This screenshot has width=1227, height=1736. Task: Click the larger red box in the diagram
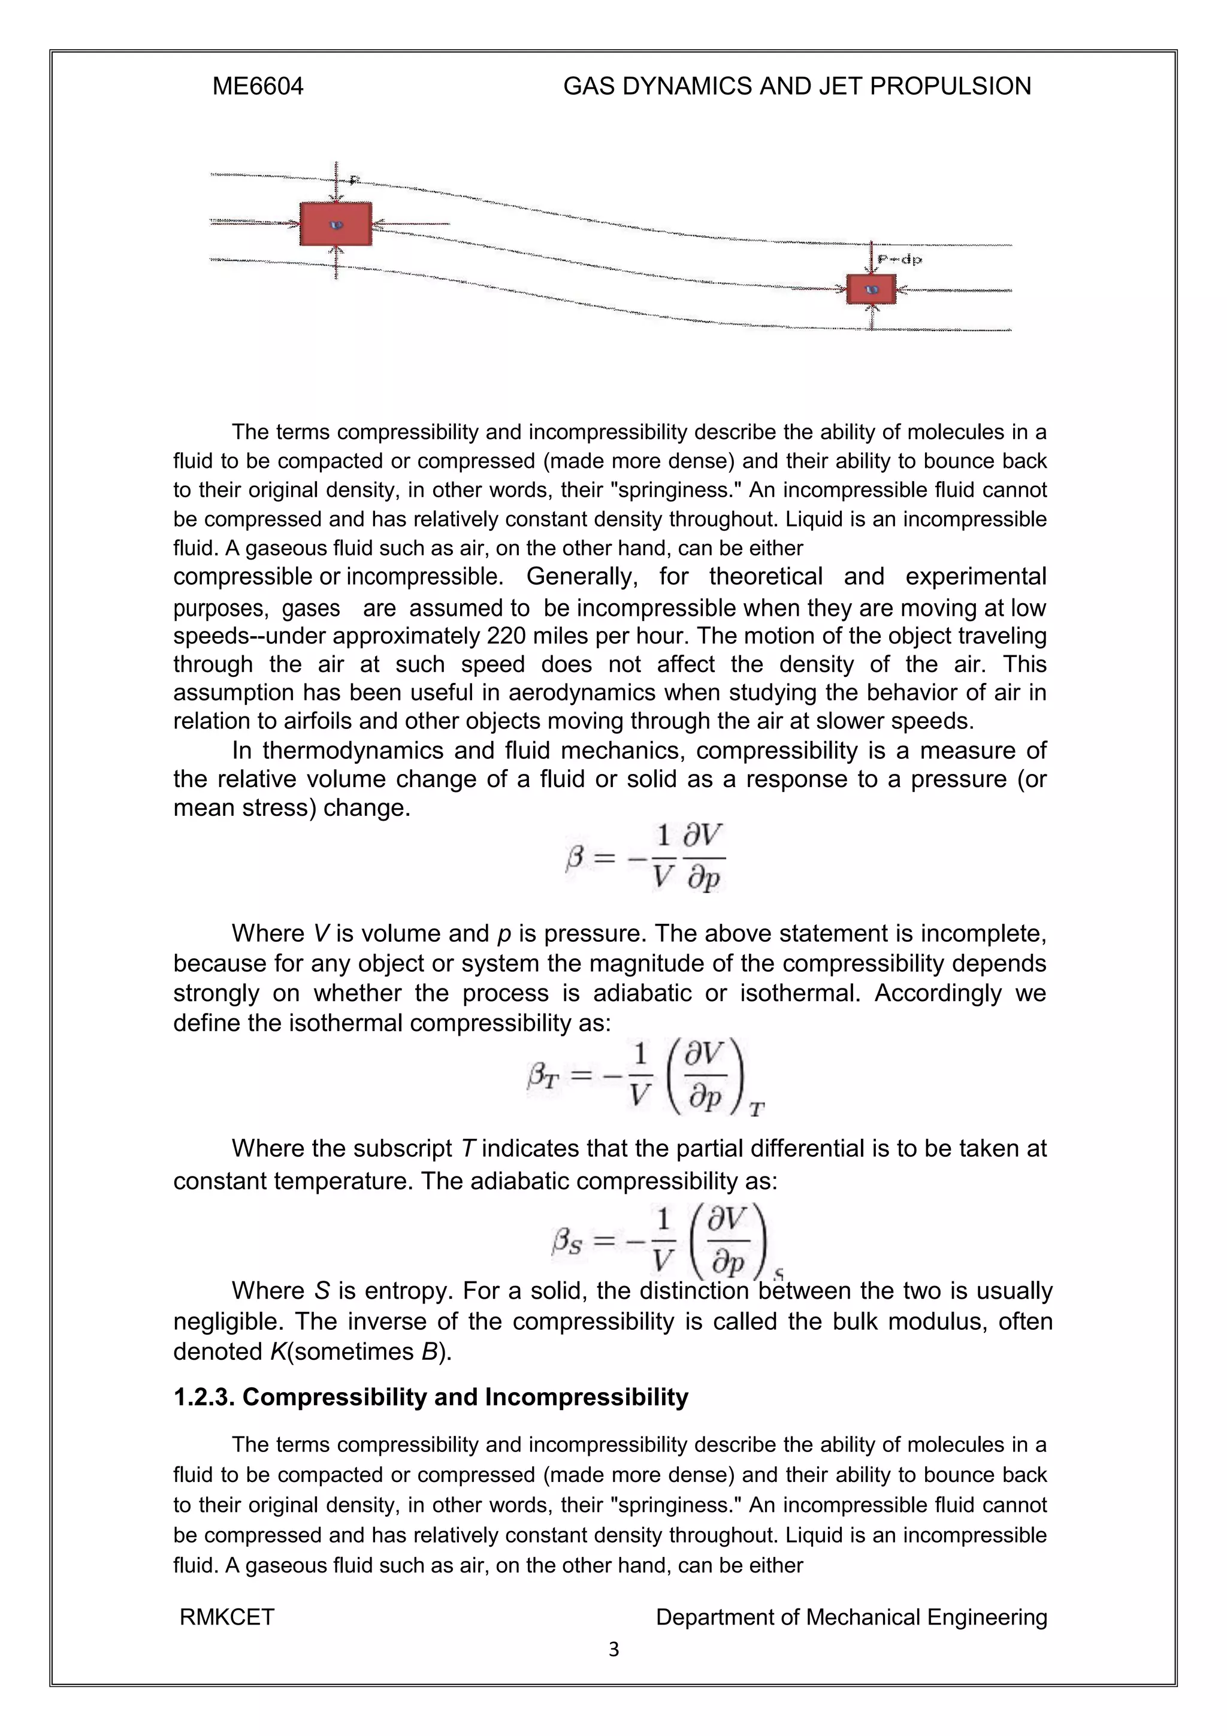pyautogui.click(x=336, y=224)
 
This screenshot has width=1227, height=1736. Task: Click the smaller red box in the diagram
pyautogui.click(x=871, y=289)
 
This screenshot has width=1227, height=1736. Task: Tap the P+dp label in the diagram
pyautogui.click(x=900, y=259)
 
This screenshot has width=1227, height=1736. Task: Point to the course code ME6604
pyautogui.click(x=258, y=86)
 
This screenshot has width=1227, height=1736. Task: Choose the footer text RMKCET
pyautogui.click(x=227, y=1617)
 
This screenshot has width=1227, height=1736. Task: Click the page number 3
pyautogui.click(x=613, y=1650)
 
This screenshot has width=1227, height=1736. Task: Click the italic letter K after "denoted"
pyautogui.click(x=277, y=1352)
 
